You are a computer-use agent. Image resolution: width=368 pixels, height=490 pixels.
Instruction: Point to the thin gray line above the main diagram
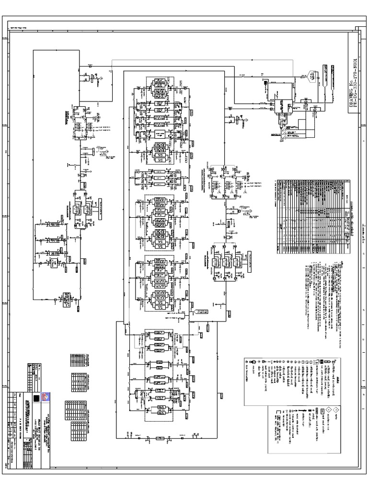[201, 59]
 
